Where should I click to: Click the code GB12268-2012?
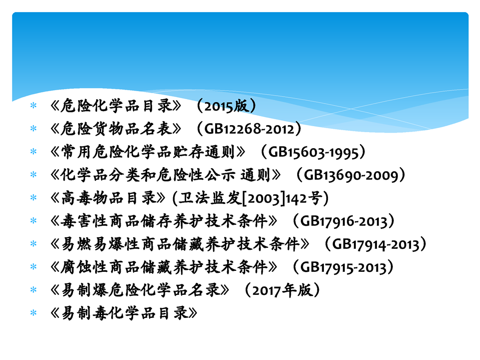tap(249, 129)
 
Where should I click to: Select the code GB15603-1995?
tap(313, 152)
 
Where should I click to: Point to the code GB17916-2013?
tap(344, 221)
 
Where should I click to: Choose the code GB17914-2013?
tap(376, 244)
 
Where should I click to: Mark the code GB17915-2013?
tap(344, 267)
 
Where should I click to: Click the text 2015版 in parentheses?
tap(226, 106)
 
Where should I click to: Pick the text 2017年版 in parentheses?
tap(282, 290)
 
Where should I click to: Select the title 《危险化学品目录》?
tap(116, 106)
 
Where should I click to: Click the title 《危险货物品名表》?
tap(116, 129)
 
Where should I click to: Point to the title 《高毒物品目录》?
tap(108, 198)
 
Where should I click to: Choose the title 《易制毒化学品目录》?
tap(124, 313)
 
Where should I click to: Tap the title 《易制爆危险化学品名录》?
tap(140, 290)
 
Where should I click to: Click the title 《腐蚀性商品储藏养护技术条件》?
tap(164, 267)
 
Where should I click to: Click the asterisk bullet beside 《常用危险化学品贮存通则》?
tap(34, 152)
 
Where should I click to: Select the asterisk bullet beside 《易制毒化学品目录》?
tap(34, 313)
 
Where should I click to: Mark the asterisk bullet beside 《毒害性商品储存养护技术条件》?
tap(34, 221)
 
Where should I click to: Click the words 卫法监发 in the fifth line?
tap(210, 198)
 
